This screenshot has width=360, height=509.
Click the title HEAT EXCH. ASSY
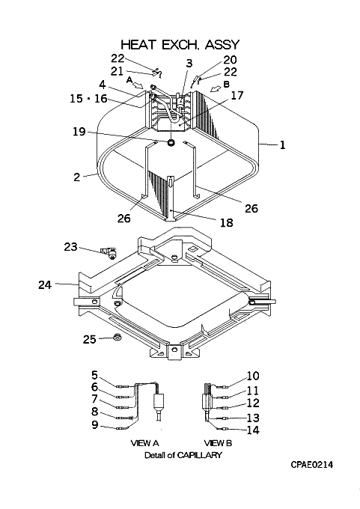(180, 44)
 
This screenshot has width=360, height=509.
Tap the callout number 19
(79, 132)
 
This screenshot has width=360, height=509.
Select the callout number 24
(45, 284)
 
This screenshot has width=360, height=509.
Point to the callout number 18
(226, 223)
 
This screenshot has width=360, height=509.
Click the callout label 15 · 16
(88, 98)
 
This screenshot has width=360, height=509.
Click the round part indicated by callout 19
(171, 142)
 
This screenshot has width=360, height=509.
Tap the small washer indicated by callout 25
(117, 338)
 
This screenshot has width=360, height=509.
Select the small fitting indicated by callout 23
(109, 252)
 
